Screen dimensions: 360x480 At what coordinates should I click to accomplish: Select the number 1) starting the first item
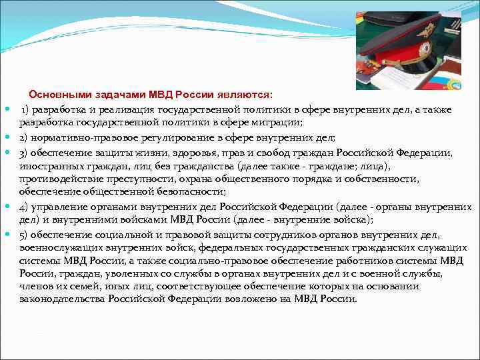point(26,109)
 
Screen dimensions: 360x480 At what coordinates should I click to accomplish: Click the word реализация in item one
point(116,109)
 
